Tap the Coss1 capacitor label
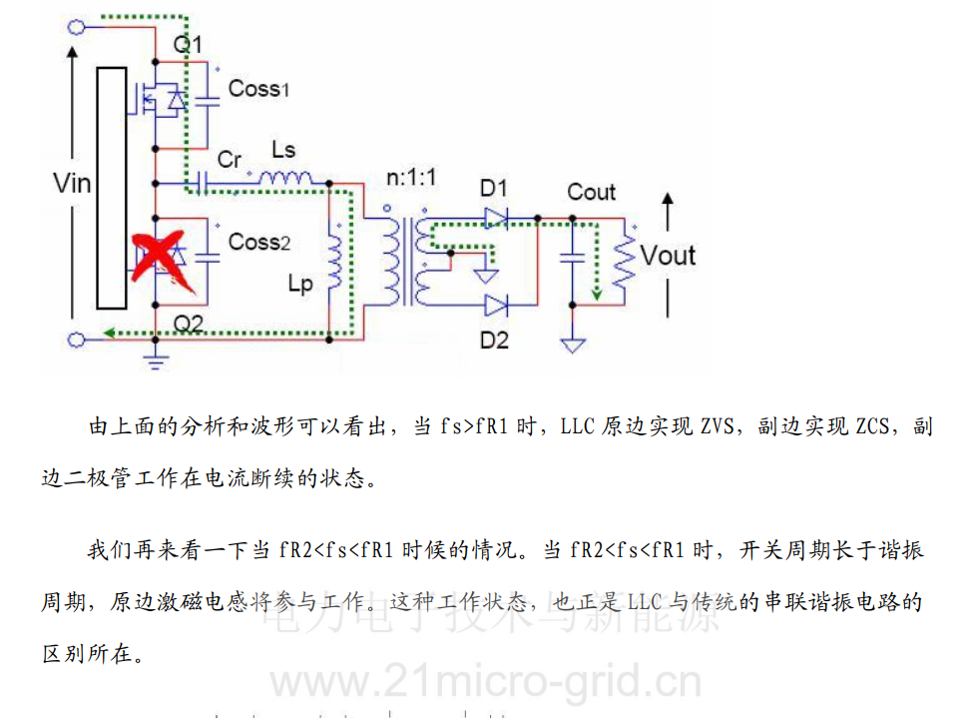click(258, 88)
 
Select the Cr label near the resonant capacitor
click(229, 159)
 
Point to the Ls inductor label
click(283, 150)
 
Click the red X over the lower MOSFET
click(160, 255)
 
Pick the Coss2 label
click(258, 242)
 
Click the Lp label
click(299, 284)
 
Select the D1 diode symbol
click(497, 217)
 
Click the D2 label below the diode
click(493, 340)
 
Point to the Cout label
click(591, 191)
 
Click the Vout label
click(668, 256)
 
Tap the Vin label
click(70, 183)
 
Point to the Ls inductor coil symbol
click(284, 179)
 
